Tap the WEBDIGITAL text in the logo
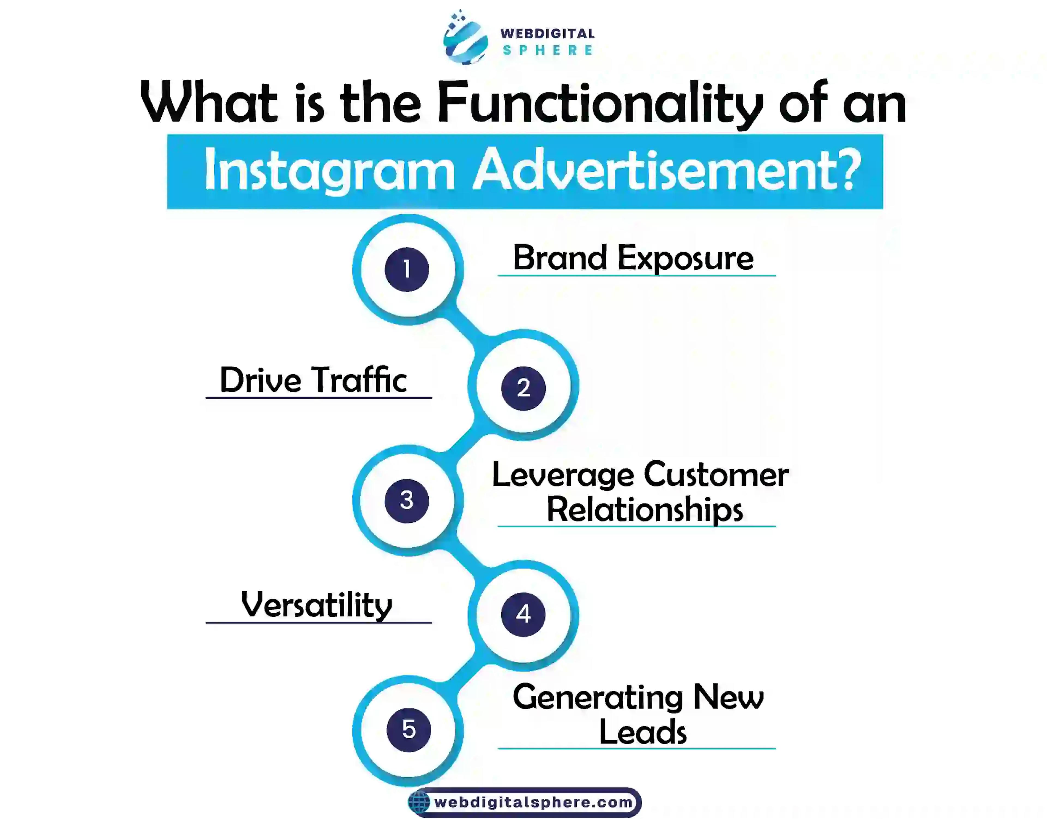(x=547, y=34)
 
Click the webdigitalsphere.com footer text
(x=533, y=802)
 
